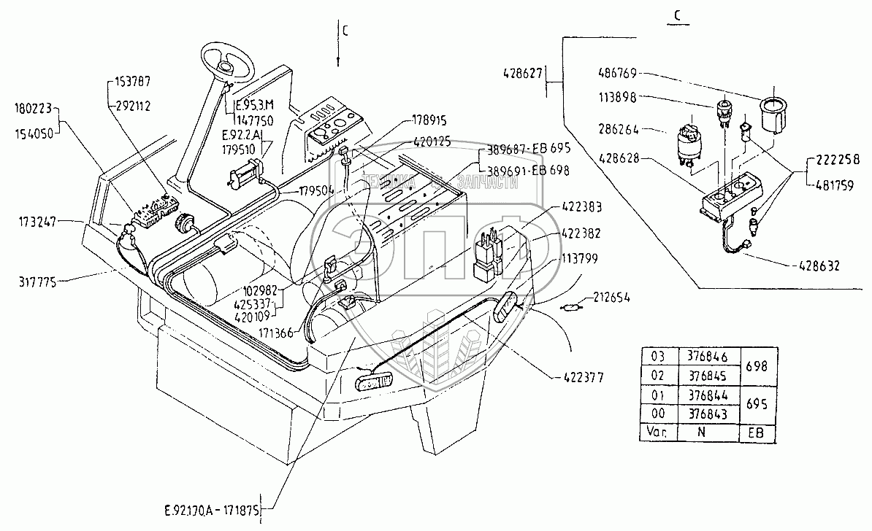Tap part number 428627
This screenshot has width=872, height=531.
click(524, 73)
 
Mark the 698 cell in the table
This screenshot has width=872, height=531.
click(757, 366)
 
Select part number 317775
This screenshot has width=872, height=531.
click(34, 279)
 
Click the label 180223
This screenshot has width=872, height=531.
click(33, 109)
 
